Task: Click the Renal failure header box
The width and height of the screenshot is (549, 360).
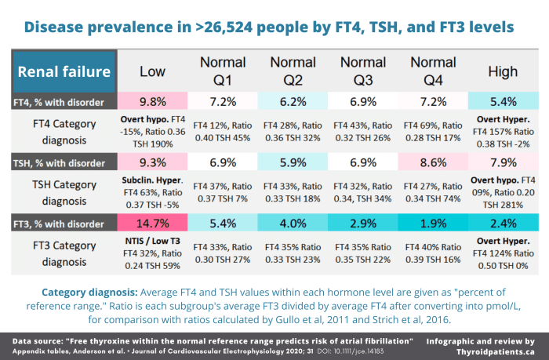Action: click(64, 72)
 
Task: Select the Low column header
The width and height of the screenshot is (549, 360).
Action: click(152, 72)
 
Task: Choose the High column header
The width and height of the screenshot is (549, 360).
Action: click(502, 72)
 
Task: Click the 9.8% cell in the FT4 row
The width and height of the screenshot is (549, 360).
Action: click(152, 102)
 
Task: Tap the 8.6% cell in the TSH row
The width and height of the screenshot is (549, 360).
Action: click(433, 162)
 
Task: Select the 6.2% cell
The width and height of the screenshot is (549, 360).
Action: click(293, 102)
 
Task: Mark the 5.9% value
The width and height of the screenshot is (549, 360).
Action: click(293, 162)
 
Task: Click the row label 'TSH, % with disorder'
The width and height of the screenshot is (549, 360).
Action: click(64, 162)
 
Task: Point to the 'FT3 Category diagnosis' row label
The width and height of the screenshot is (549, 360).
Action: click(64, 253)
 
